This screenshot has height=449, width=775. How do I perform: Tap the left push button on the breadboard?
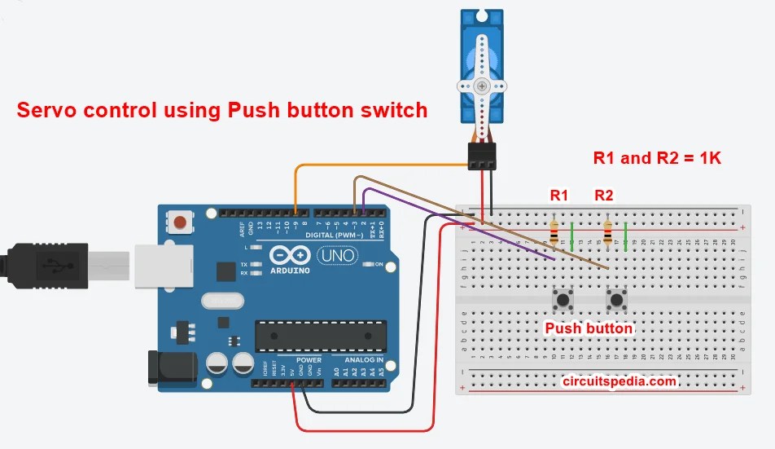point(562,300)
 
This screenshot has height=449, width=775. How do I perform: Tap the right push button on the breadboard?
point(615,300)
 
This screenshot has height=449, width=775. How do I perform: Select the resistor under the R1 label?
point(554,232)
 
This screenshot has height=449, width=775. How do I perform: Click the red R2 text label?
point(604,196)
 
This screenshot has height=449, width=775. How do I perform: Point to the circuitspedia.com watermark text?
point(620,381)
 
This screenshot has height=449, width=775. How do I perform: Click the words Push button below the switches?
point(589,328)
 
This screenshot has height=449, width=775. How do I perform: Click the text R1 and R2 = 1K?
point(657,158)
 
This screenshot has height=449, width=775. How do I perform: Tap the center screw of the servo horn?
point(482,86)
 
